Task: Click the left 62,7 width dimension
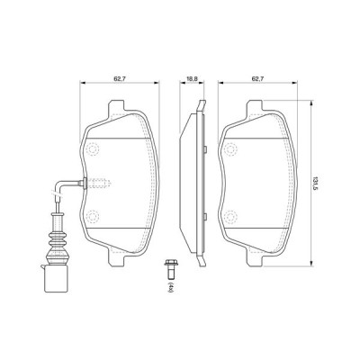(x=119, y=78)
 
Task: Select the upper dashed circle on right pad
(x=231, y=146)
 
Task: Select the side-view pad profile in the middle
(x=189, y=180)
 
